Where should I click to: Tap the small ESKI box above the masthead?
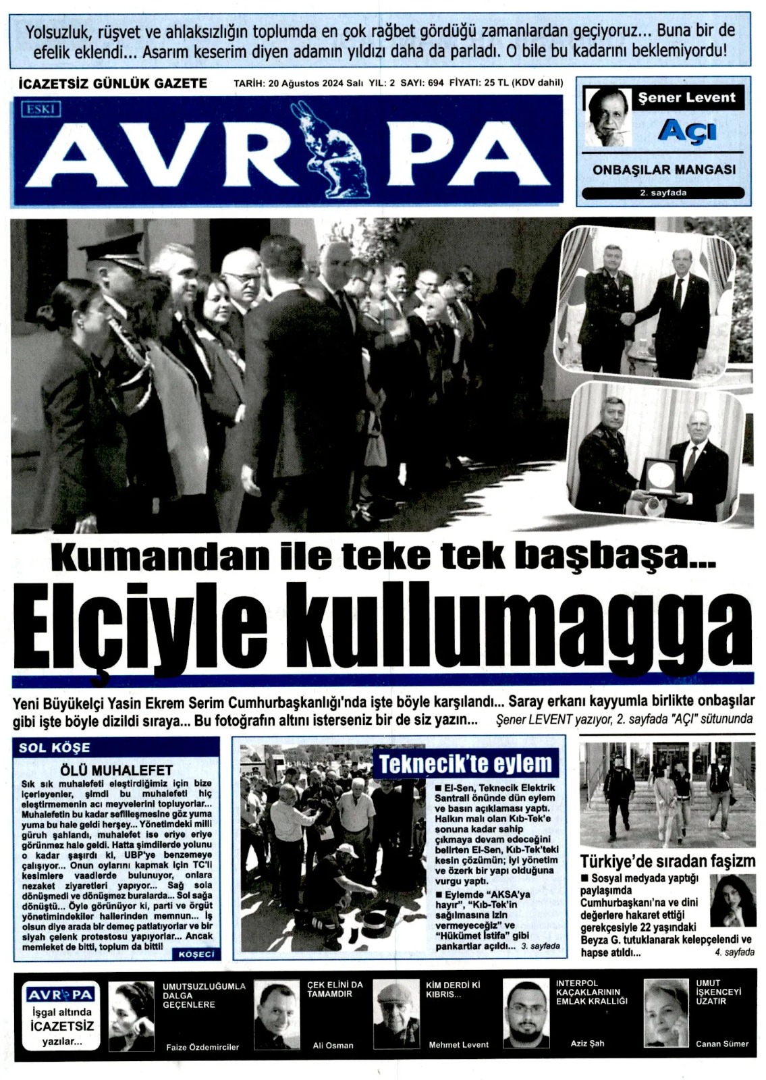[x=41, y=109]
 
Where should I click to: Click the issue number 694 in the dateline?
[x=435, y=84]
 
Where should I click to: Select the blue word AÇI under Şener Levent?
[x=686, y=129]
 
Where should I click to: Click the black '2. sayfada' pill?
[x=663, y=193]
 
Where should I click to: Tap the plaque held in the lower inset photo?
[x=659, y=478]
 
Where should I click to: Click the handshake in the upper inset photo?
[x=629, y=317]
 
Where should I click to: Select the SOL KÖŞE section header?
[x=55, y=747]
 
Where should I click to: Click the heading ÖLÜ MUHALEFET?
[x=116, y=769]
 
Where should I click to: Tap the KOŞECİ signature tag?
[x=196, y=954]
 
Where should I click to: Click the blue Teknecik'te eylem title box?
[x=466, y=764]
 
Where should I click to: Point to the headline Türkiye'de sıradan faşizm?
[x=667, y=861]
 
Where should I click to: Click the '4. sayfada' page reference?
[x=734, y=952]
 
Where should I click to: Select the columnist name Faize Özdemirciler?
[x=202, y=1047]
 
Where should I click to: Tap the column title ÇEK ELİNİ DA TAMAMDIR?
[x=335, y=989]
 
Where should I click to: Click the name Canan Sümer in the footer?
[x=722, y=1044]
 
